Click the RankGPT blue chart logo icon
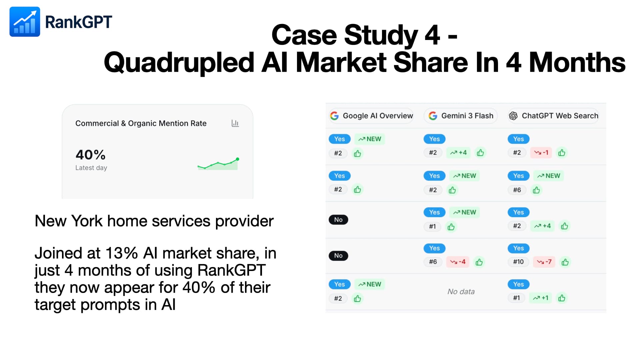(x=25, y=22)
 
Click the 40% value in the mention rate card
(x=90, y=155)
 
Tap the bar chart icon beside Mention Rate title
(x=235, y=123)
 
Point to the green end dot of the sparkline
(x=238, y=159)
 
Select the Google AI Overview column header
(x=371, y=116)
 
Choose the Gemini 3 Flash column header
(x=461, y=116)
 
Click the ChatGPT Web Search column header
(x=553, y=116)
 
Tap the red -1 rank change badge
(x=541, y=153)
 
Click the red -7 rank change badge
(x=544, y=262)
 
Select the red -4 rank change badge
(x=458, y=262)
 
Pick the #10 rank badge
(x=518, y=262)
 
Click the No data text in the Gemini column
(x=461, y=292)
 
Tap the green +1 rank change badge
(x=540, y=298)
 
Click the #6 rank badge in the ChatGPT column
(x=517, y=190)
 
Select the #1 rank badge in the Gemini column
(x=432, y=227)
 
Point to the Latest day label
(x=91, y=168)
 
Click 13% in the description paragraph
(x=121, y=253)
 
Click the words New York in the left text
(x=68, y=221)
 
